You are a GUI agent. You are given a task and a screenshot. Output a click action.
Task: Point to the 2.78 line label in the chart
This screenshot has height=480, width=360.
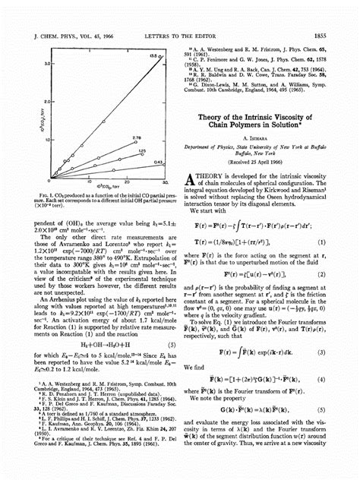[137, 137]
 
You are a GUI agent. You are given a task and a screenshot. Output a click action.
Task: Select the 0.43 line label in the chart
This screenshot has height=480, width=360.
[157, 162]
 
